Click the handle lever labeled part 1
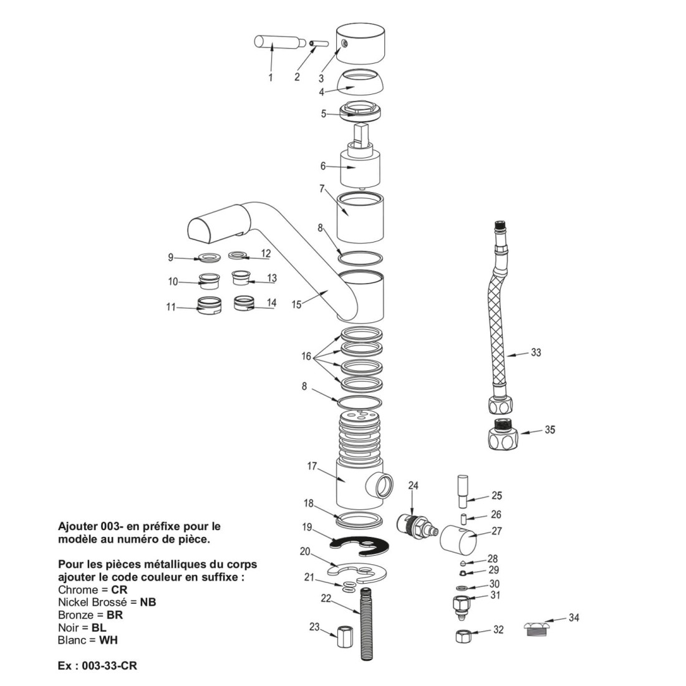[275, 43]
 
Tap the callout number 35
[549, 430]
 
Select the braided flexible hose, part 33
[499, 324]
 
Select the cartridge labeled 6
[360, 166]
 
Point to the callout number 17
[312, 466]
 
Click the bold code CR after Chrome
[119, 590]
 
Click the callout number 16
[306, 357]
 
